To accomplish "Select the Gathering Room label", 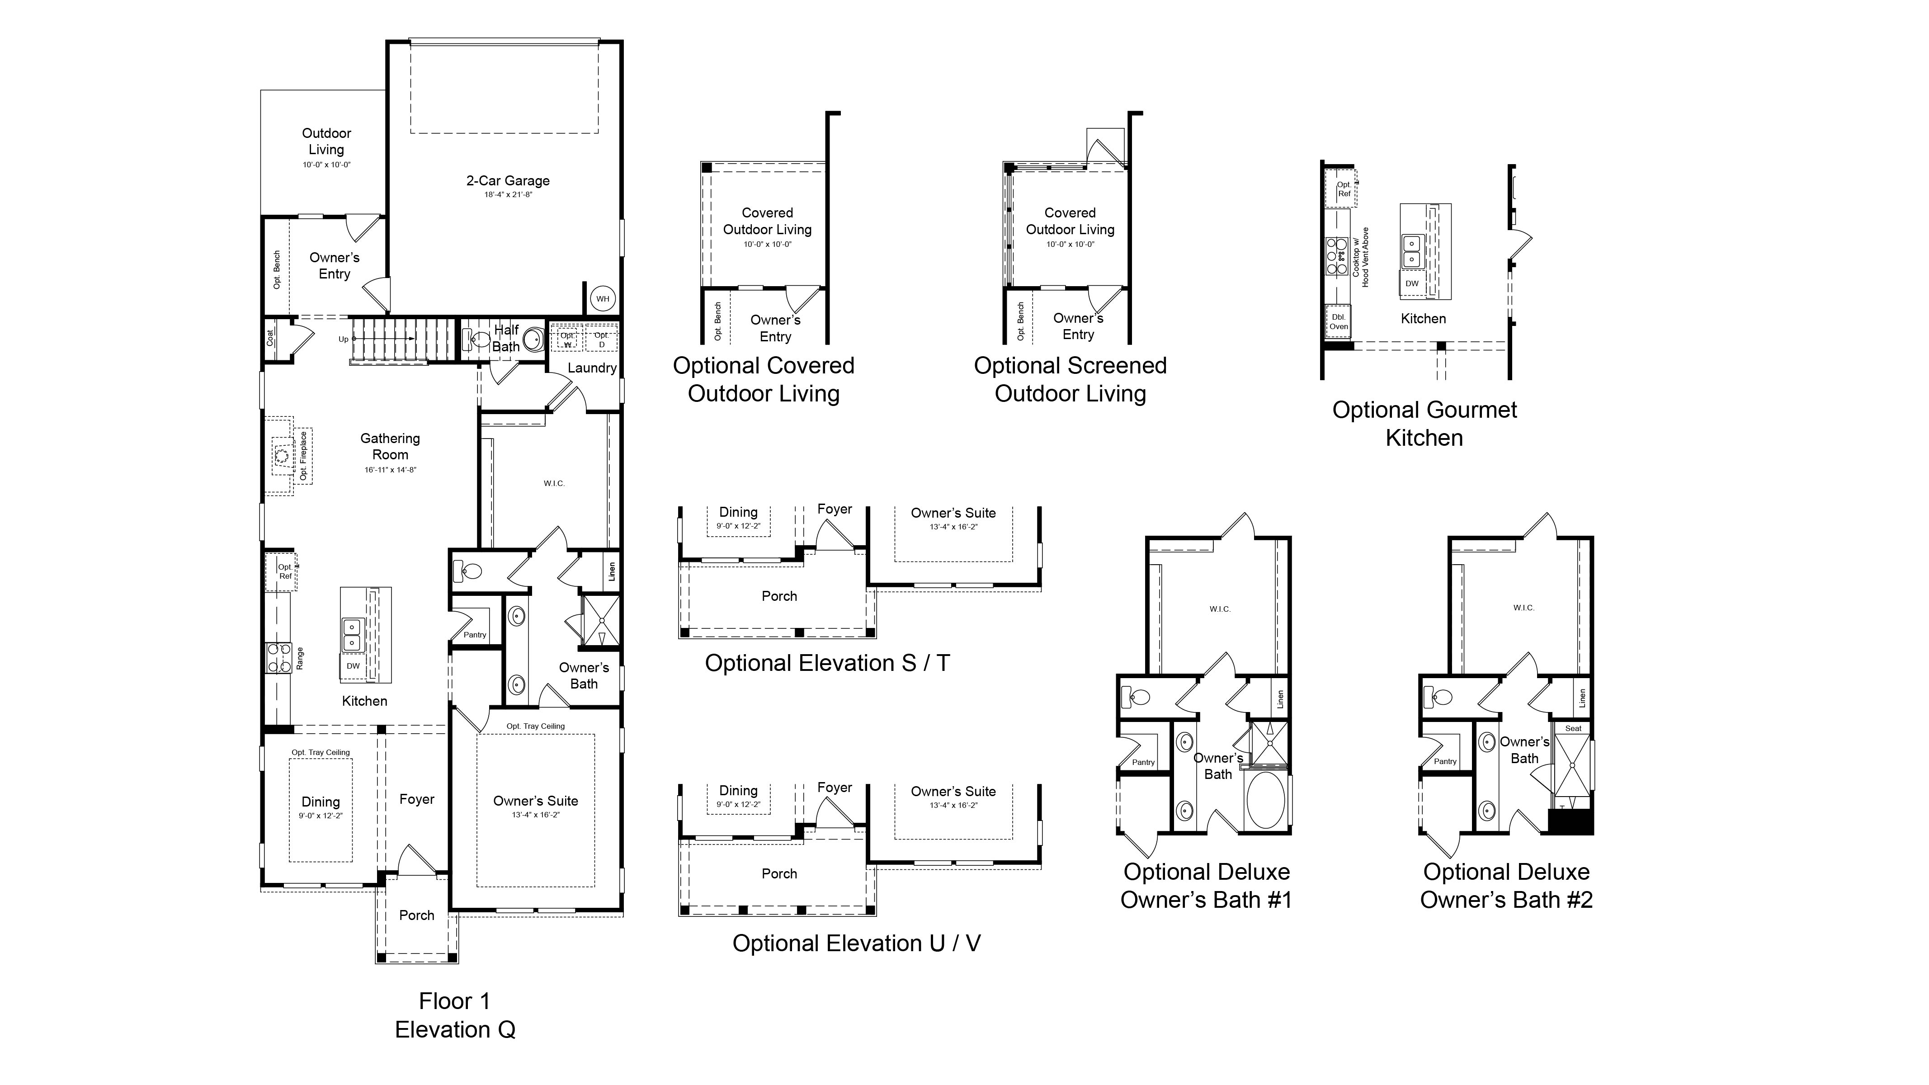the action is [x=390, y=446].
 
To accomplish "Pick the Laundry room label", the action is [x=592, y=368].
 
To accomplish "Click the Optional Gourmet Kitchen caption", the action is [x=1424, y=424].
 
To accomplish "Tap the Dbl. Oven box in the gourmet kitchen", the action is [x=1339, y=322].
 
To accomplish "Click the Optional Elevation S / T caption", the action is [x=827, y=663].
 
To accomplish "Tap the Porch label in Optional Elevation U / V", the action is [x=779, y=874].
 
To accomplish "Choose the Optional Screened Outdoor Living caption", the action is [x=1070, y=380].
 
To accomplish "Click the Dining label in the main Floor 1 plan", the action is [x=321, y=802].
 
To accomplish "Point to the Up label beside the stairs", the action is [x=344, y=339].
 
